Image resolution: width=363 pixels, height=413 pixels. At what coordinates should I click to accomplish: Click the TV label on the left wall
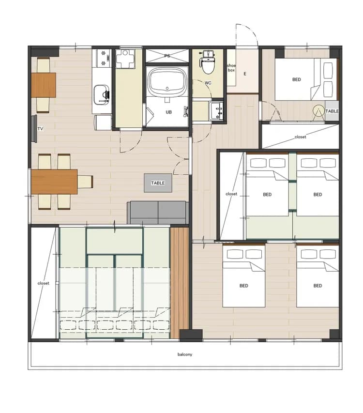(x=40, y=129)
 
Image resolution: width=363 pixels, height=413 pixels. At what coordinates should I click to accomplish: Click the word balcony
(x=185, y=354)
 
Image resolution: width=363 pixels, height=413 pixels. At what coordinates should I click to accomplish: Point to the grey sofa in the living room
(x=158, y=213)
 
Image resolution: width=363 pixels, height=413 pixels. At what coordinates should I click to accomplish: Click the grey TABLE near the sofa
(x=158, y=183)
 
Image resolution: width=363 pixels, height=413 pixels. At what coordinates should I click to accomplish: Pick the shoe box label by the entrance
(x=231, y=68)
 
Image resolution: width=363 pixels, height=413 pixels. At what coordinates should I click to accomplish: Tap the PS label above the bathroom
(x=167, y=56)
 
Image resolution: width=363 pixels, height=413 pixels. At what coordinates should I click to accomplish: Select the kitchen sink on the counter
(x=102, y=94)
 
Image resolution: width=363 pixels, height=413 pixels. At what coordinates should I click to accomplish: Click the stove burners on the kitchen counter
(x=103, y=58)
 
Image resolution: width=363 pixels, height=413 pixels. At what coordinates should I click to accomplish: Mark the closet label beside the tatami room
(x=44, y=283)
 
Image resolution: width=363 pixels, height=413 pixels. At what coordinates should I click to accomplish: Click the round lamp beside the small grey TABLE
(x=318, y=111)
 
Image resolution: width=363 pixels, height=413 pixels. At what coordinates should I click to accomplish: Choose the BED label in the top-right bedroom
(x=297, y=79)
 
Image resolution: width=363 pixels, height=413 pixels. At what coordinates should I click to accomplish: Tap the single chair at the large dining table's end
(x=85, y=182)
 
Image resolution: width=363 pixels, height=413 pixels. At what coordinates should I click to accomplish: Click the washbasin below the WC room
(x=216, y=110)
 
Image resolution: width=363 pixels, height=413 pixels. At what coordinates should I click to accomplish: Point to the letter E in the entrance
(x=245, y=74)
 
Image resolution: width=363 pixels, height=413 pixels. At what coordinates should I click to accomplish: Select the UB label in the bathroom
(x=169, y=112)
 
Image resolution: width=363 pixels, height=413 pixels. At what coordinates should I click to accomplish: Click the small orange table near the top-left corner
(x=44, y=85)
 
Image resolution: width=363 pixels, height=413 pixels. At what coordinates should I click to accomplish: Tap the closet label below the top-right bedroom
(x=301, y=137)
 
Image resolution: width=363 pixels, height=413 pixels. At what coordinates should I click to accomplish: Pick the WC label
(x=208, y=83)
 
